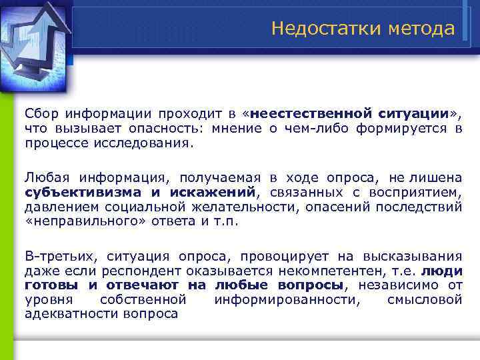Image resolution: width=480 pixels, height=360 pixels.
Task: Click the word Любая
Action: (47, 177)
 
